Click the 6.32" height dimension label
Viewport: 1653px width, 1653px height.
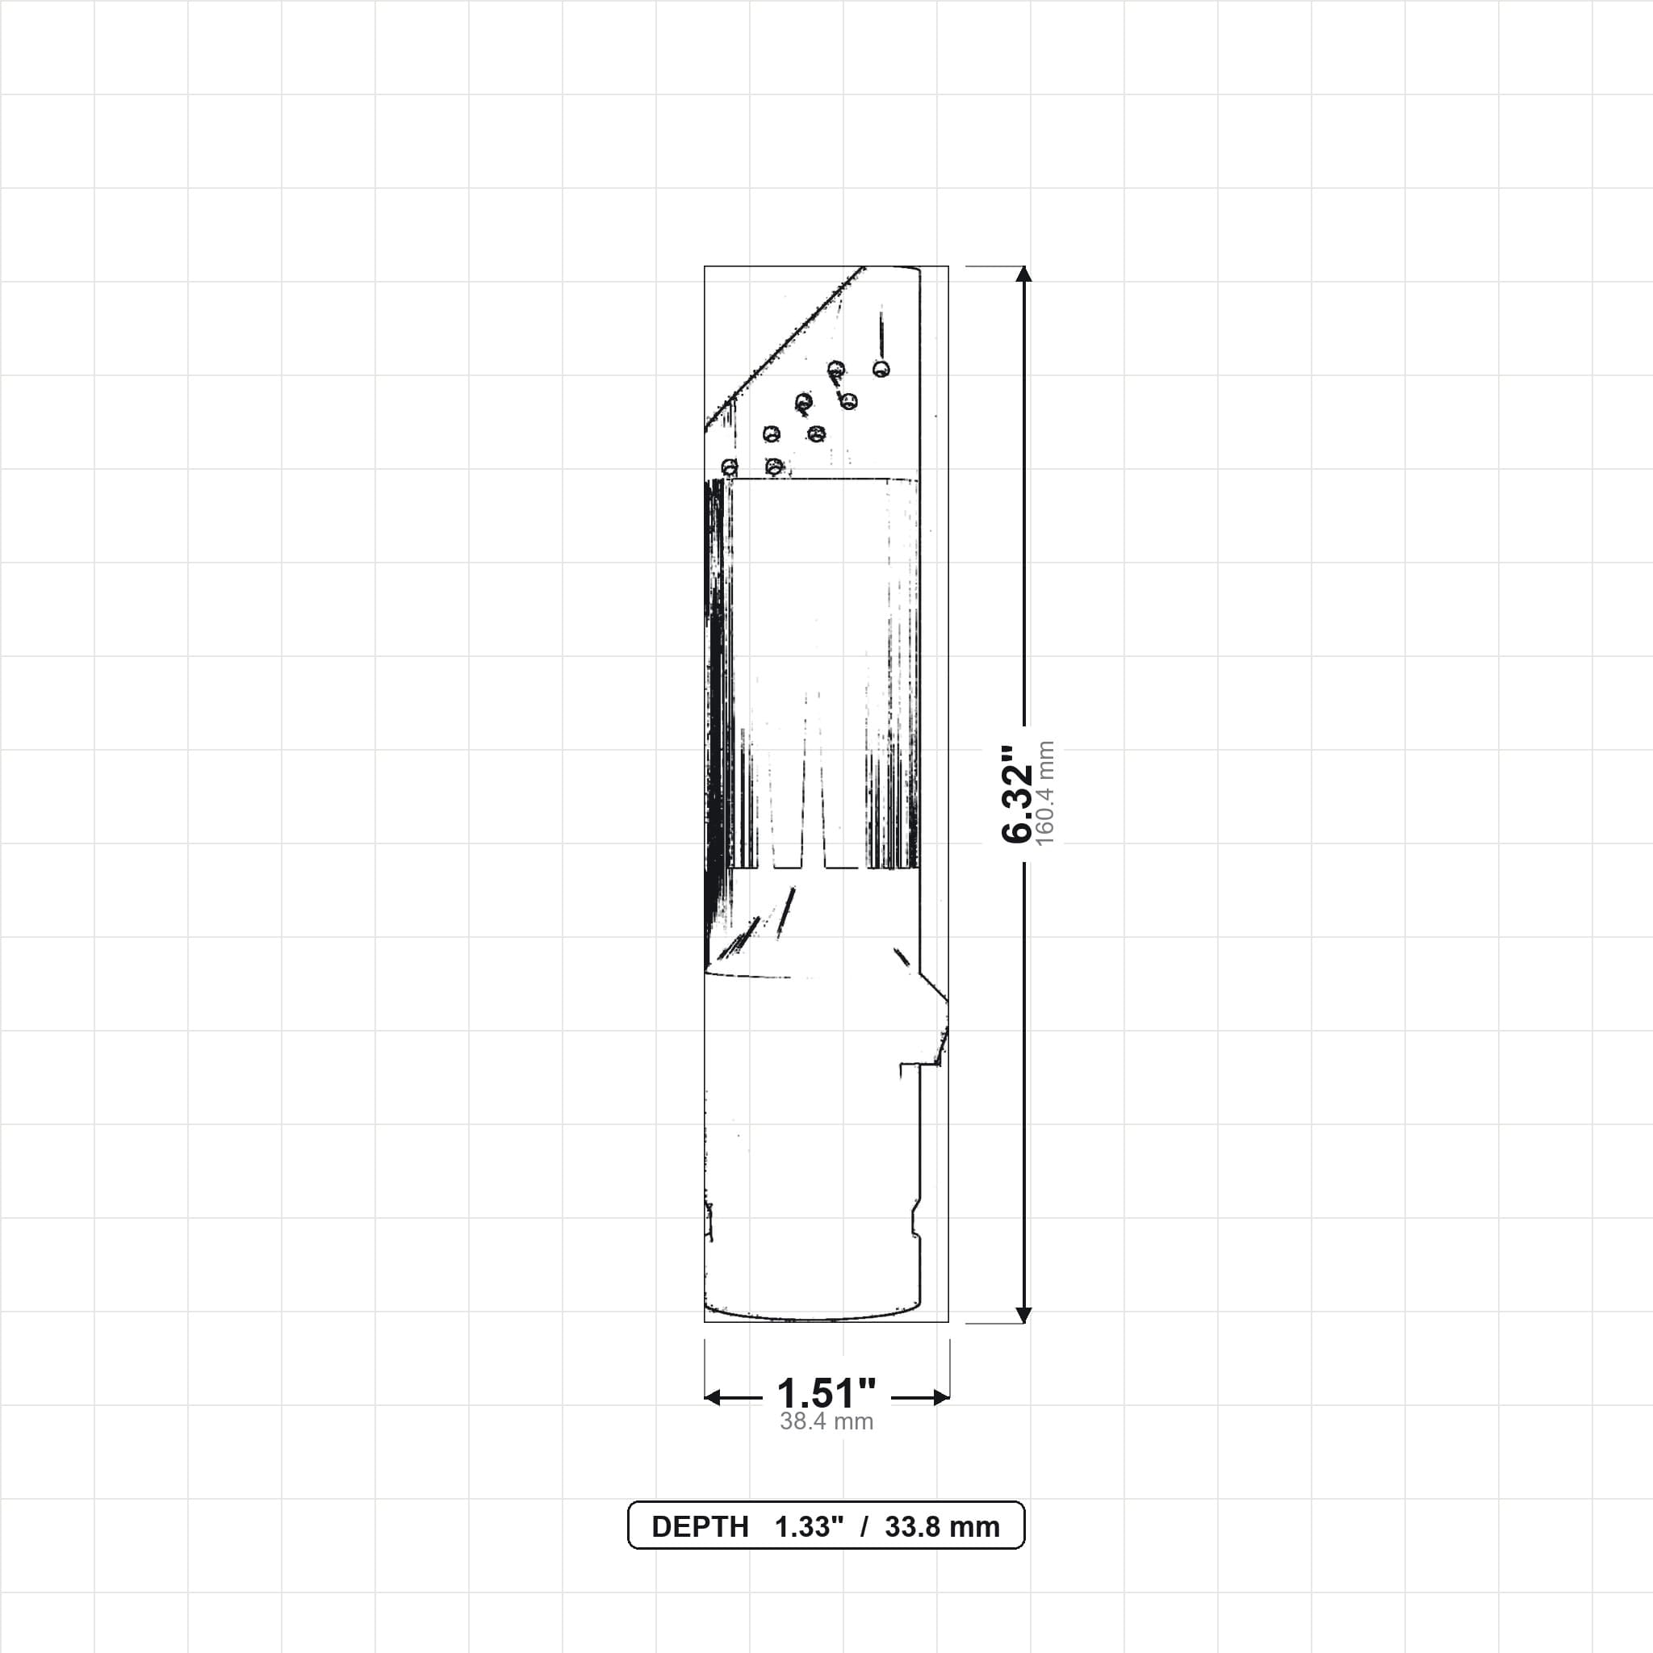[1017, 794]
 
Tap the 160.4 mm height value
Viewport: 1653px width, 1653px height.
[1044, 794]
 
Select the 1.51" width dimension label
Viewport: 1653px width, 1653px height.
[826, 1394]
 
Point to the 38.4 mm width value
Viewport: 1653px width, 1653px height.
[826, 1422]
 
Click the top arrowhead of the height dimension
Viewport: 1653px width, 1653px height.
[1024, 274]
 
